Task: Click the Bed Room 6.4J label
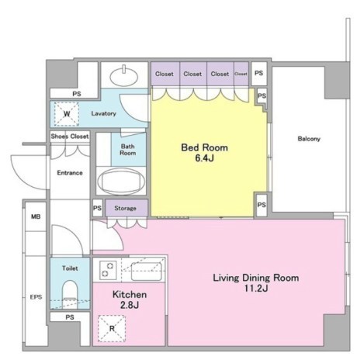coord(204,153)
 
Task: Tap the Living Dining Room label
coord(256,278)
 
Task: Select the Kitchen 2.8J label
coord(130,299)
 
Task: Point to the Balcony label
coord(309,139)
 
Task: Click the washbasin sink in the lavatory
coord(124,76)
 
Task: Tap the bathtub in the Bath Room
coord(121,182)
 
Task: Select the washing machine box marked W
coord(67,114)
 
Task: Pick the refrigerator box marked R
coord(112,329)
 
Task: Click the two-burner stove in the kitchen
coord(108,270)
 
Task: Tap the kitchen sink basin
coord(147,272)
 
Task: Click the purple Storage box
coord(127,208)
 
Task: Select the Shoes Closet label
coord(70,137)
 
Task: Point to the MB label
coord(36,216)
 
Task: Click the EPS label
coord(36,297)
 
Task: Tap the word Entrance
coord(70,173)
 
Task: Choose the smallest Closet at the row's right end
coord(241,74)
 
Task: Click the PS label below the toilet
coord(70,317)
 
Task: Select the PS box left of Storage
coord(98,208)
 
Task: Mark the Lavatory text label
coord(103,113)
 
